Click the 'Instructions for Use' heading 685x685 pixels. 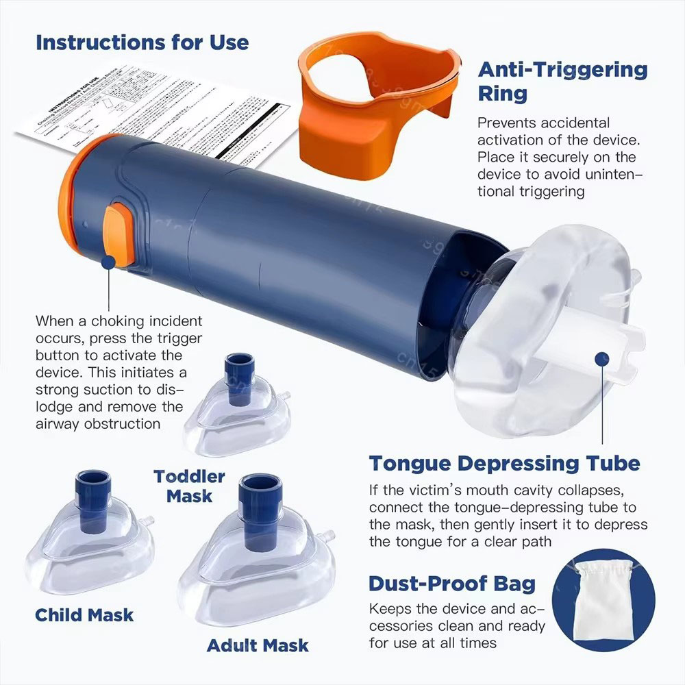142,42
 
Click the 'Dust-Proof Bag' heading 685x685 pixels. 452,584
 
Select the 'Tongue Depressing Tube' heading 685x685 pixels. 505,463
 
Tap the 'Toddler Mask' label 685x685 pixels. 189,485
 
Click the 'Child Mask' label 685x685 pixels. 84,614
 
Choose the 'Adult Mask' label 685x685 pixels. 258,645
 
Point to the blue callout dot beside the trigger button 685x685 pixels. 108,262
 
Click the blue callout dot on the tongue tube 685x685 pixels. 602,358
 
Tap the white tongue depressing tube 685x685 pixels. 589,342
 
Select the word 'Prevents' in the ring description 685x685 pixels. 507,123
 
